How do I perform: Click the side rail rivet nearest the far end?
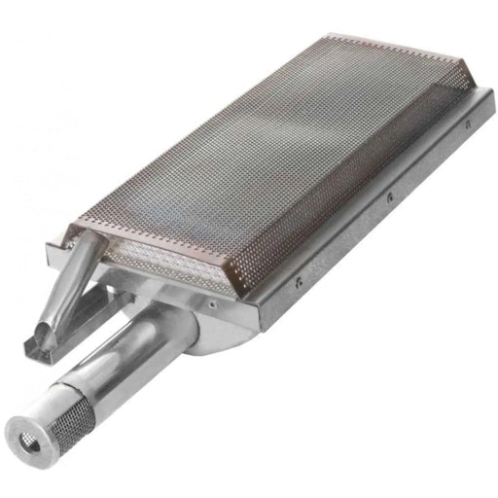coord(468,124)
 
